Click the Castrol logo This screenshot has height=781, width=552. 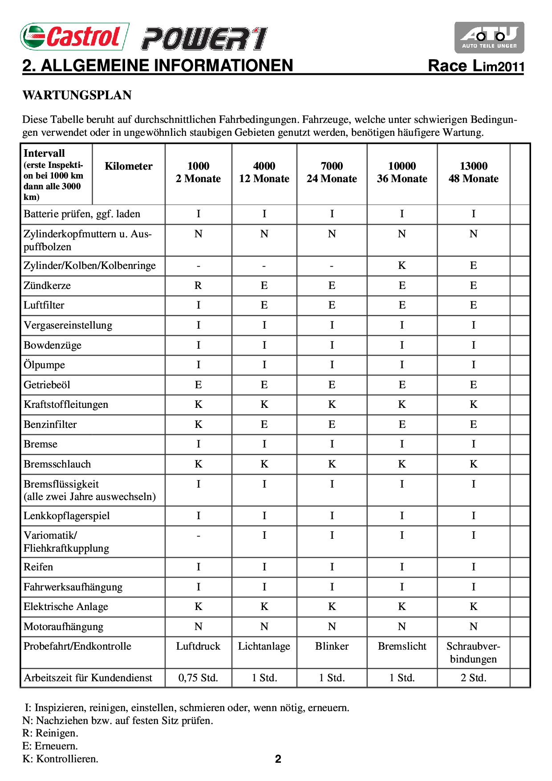75,37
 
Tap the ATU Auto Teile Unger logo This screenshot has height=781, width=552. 489,37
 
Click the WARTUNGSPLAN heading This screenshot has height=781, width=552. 77,95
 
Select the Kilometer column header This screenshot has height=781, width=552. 128,166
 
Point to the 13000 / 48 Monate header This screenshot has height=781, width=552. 473,172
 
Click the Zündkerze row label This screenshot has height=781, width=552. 47,285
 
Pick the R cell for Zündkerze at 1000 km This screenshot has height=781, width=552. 198,285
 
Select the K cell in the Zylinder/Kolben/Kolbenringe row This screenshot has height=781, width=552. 402,266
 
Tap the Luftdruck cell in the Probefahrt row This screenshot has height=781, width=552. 198,646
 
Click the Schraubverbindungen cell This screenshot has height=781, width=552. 473,653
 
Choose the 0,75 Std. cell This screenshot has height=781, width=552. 198,678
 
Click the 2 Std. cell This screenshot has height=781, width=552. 473,678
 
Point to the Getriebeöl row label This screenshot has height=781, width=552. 47,385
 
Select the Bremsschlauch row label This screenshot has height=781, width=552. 57,464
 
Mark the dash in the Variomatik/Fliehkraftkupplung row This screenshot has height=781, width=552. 198,536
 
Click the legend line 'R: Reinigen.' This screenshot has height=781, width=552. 50,733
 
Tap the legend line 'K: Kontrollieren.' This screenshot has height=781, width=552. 60,759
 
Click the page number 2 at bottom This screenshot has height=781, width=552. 278,759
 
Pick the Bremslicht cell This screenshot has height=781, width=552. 402,646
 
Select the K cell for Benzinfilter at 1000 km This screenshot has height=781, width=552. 198,424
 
